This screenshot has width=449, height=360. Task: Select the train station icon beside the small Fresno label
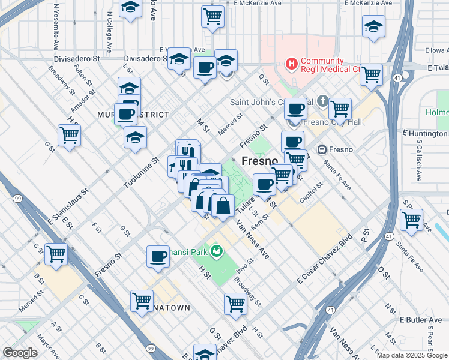click(322, 149)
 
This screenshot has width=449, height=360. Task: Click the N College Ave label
click(109, 30)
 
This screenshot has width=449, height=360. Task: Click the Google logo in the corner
click(20, 353)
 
